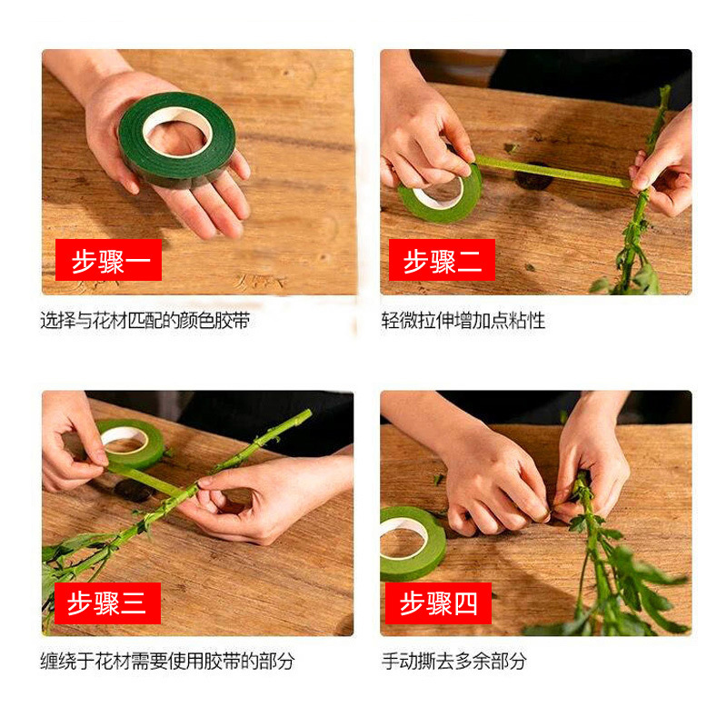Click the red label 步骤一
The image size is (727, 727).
click(x=108, y=260)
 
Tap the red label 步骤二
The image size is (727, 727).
click(x=442, y=260)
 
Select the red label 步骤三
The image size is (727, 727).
click(x=107, y=603)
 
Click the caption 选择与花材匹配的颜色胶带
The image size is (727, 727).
click(x=144, y=321)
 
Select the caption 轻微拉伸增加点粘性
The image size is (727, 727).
click(x=463, y=321)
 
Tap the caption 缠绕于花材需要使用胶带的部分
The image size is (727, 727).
click(x=167, y=661)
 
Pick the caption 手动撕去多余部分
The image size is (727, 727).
click(x=453, y=661)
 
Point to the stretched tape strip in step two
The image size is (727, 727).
click(x=550, y=172)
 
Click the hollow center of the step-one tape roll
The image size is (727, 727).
click(x=177, y=135)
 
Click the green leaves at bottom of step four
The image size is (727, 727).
click(x=627, y=591)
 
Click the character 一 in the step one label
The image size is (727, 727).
click(x=141, y=260)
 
